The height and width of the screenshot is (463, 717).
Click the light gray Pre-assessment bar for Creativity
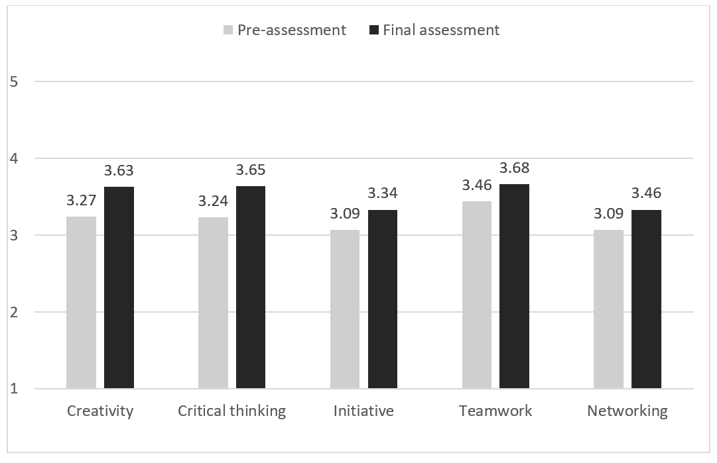(x=81, y=302)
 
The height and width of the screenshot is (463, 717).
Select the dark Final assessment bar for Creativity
(x=119, y=287)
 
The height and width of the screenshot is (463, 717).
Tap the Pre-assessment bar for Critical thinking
(x=213, y=303)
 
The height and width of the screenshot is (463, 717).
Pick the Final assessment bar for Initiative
(x=383, y=299)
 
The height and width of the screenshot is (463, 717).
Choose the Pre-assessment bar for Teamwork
(x=477, y=295)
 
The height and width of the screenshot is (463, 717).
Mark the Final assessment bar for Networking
(x=646, y=299)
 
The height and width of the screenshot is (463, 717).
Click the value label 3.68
(x=515, y=168)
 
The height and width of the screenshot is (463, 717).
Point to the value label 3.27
(x=81, y=200)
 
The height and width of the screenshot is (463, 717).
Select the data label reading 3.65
(x=251, y=170)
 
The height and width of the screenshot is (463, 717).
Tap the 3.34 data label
(x=383, y=193)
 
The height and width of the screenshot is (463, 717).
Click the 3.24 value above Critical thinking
(x=213, y=201)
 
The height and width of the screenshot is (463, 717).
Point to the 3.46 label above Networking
(x=646, y=193)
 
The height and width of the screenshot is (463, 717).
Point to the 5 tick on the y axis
(x=13, y=82)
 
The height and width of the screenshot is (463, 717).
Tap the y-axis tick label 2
(x=13, y=312)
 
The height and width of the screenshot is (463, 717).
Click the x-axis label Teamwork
(x=495, y=411)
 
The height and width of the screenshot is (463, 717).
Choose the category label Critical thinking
(x=231, y=411)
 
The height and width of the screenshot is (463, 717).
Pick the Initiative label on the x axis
(x=363, y=411)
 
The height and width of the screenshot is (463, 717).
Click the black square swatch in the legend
(x=374, y=30)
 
